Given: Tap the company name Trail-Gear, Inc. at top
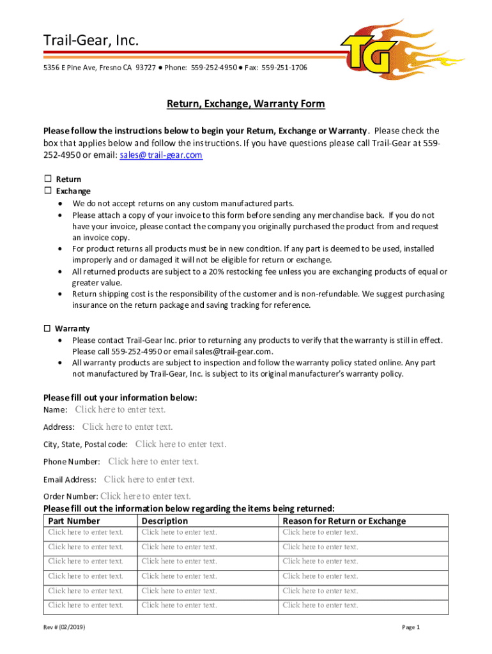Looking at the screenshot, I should point(91,42).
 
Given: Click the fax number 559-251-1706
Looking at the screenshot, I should point(284,67).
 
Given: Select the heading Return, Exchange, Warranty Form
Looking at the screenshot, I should point(246,103).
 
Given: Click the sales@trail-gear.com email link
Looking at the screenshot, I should point(161,155).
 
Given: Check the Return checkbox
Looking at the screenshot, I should point(47,179).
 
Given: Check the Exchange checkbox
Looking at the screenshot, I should point(47,191).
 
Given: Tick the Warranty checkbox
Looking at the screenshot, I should point(47,328).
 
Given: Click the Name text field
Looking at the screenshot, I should point(120,409).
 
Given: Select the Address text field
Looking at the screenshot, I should point(127,427).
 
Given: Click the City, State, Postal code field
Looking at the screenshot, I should point(181,444).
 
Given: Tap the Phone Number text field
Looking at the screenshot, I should point(153,461).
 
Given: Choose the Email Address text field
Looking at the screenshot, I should point(149,479).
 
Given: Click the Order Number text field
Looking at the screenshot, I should point(146,496).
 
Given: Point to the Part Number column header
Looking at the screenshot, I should point(74,521).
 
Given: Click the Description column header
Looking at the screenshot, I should point(165,521).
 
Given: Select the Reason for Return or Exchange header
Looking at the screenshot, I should point(344,521).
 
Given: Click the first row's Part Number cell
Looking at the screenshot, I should point(86,532).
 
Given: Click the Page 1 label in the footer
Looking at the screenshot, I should point(411,628).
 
